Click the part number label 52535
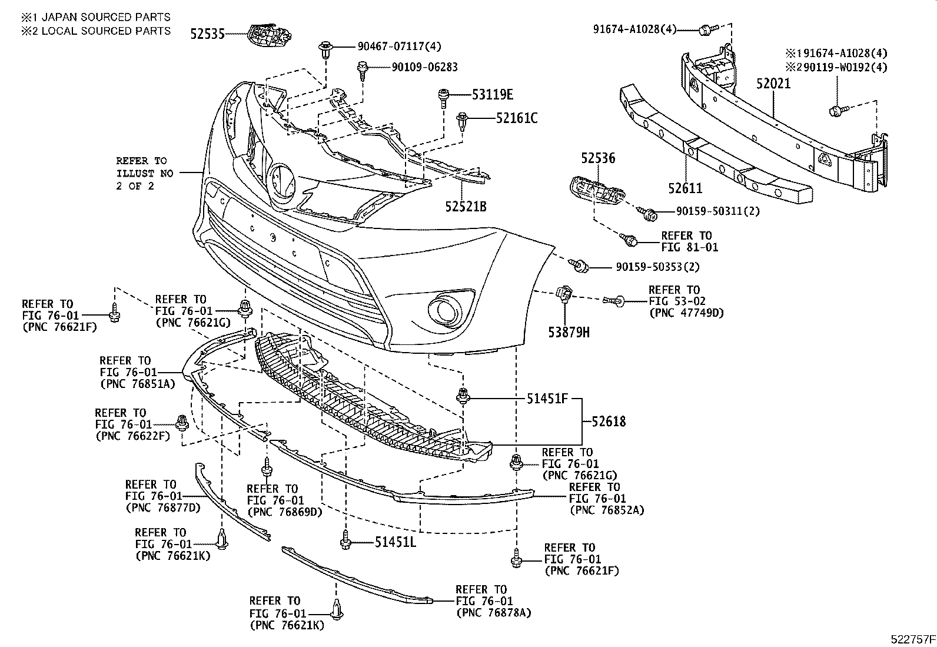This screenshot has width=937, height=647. click(x=207, y=34)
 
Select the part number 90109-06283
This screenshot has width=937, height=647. click(x=416, y=68)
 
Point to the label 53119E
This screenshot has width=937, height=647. click(x=492, y=94)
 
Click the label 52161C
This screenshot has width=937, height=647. click(x=516, y=118)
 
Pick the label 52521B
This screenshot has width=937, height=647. click(x=466, y=207)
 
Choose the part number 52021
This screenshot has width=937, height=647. click(x=773, y=84)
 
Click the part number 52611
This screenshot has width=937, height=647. click(x=685, y=188)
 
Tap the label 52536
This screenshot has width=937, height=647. click(x=598, y=158)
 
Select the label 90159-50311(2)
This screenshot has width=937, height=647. click(x=709, y=211)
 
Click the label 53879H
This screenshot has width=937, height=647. click(x=569, y=333)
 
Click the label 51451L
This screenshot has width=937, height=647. click(x=396, y=542)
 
